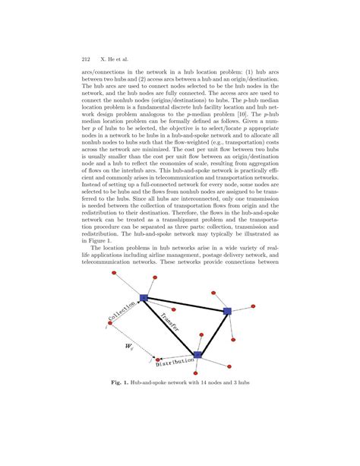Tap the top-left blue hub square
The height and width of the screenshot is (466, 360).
coord(144,298)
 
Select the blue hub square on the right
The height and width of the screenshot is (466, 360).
coord(226,312)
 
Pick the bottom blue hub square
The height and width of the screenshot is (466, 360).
coord(197,355)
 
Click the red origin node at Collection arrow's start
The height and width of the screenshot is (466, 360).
coord(111,323)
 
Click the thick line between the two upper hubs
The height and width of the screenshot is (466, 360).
coord(185,305)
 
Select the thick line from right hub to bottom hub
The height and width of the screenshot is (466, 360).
coord(212,332)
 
